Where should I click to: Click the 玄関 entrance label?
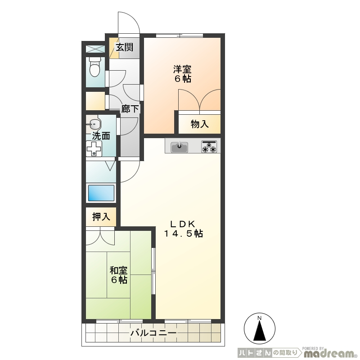click(124, 47)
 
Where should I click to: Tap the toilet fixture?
click(94, 67)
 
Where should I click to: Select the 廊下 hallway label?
click(130, 109)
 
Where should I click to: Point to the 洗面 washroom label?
click(101, 136)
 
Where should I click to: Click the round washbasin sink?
click(94, 125)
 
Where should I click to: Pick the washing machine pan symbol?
click(94, 148)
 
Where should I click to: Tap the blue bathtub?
click(101, 193)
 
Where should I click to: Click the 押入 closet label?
click(101, 216)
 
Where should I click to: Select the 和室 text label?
click(119, 270)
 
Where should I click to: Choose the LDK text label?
click(183, 223)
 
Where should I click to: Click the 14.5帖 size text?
click(183, 234)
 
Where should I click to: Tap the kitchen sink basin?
click(179, 147)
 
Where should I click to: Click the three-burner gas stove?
click(209, 147)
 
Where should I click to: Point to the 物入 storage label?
click(199, 124)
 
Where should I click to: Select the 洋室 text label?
click(182, 69)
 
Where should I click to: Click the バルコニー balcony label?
click(153, 333)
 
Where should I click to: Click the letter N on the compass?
click(260, 318)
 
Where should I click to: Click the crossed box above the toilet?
click(95, 49)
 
